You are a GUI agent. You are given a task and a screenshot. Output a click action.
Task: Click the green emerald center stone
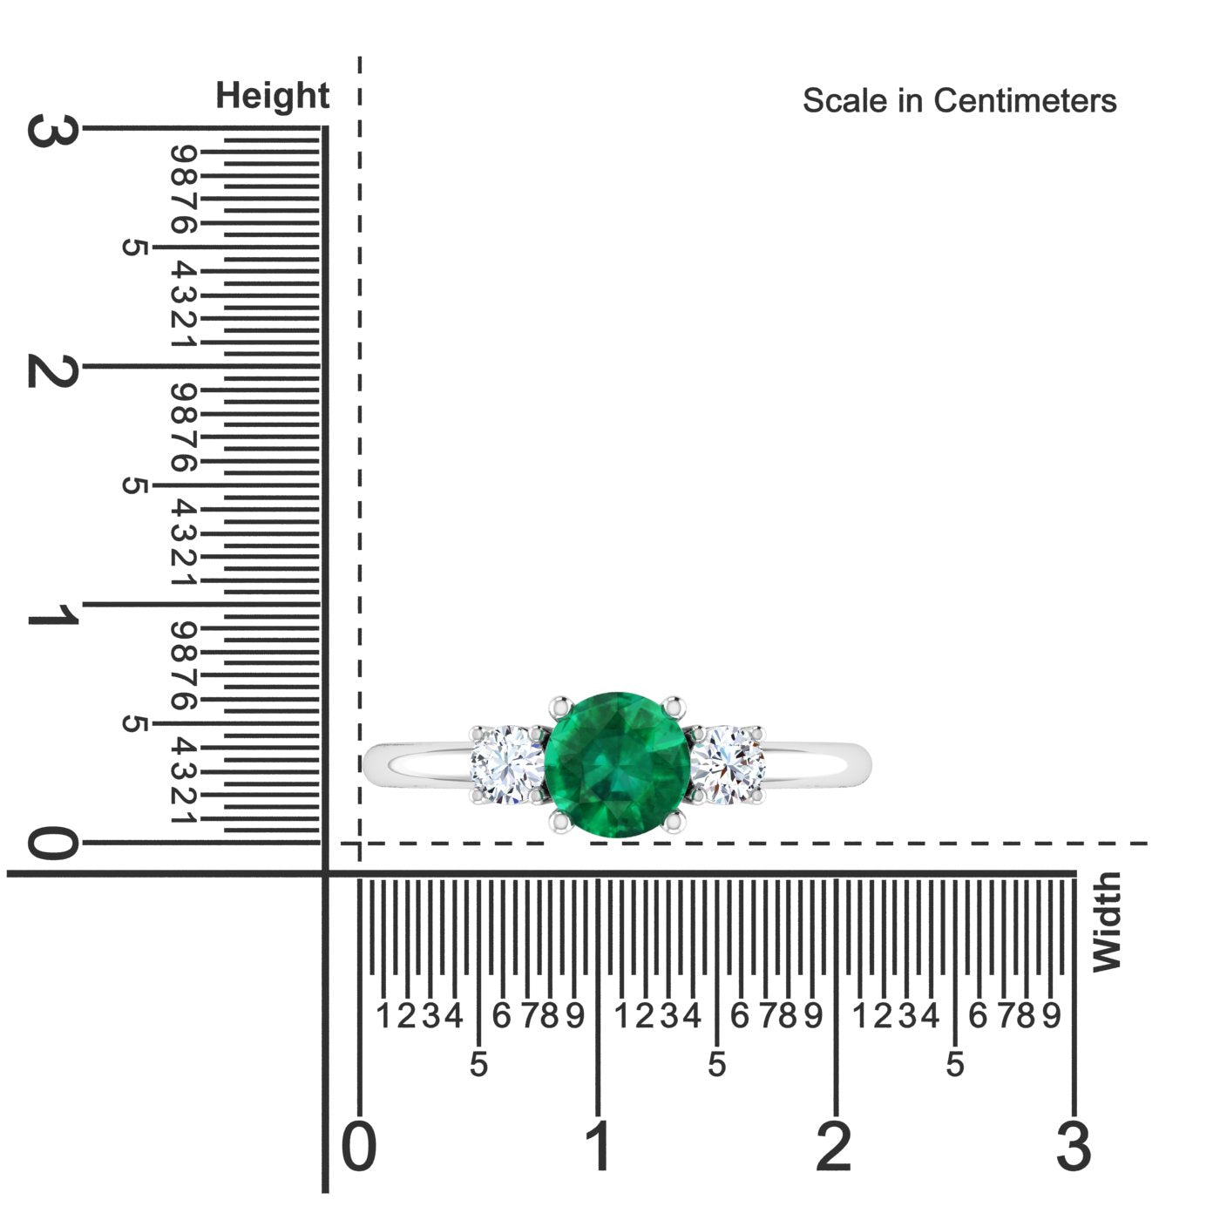[x=617, y=764]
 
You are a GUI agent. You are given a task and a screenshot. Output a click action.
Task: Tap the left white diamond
[x=508, y=765]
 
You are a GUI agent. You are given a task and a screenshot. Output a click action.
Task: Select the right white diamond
[x=728, y=765]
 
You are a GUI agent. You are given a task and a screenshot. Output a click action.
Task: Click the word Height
[x=272, y=96]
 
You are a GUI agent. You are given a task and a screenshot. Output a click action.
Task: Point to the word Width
[x=1107, y=922]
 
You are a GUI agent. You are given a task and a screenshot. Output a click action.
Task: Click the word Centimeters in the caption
[x=1025, y=101]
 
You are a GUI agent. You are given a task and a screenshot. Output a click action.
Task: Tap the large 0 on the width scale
[x=359, y=1146]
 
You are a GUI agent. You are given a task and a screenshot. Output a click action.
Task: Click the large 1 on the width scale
[x=599, y=1146]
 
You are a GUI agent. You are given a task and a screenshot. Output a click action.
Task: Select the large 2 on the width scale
[x=834, y=1146]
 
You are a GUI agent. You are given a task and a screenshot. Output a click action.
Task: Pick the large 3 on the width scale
[x=1074, y=1146]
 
